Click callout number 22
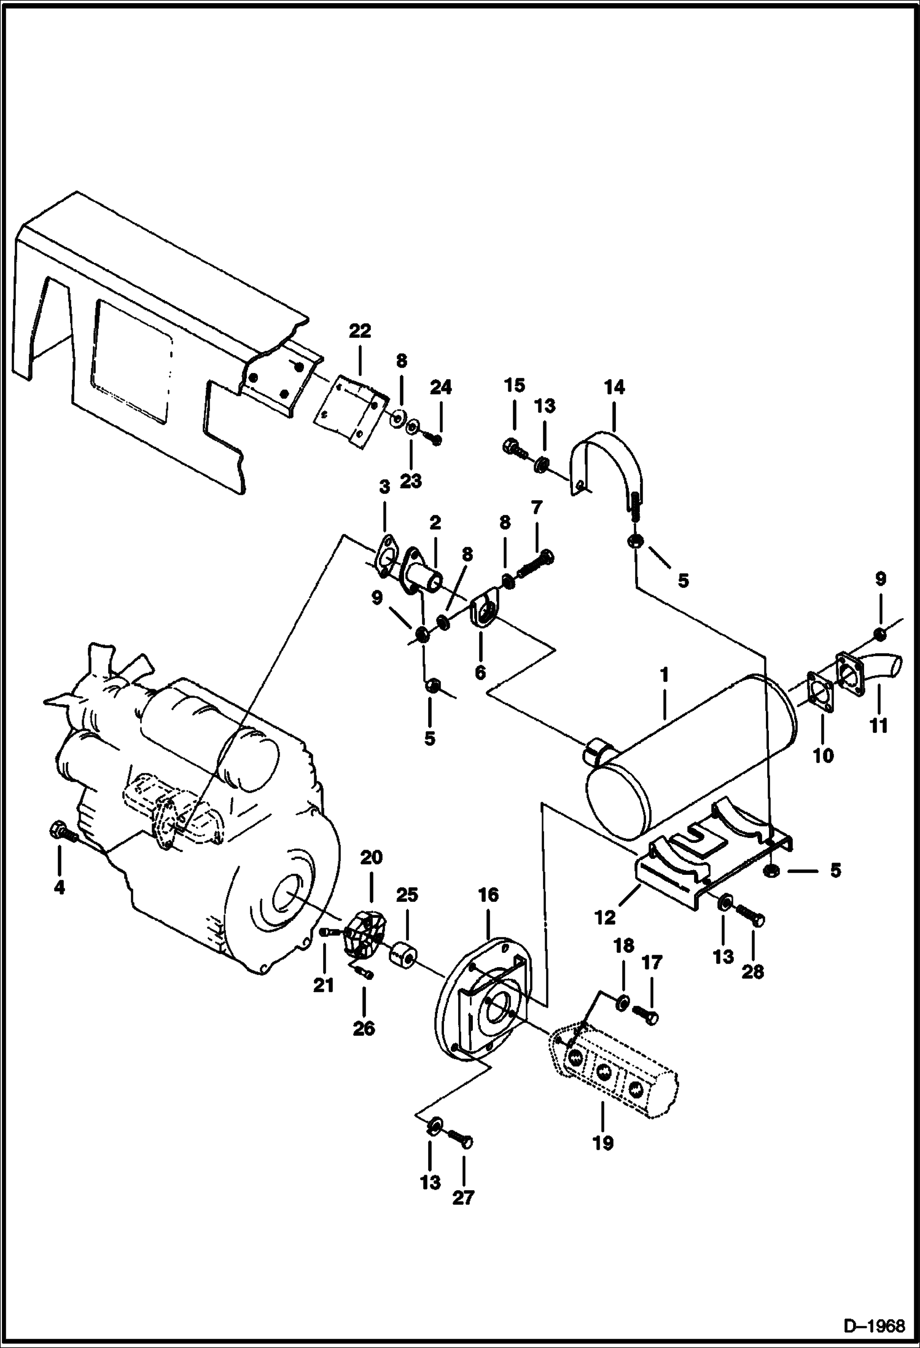point(360,331)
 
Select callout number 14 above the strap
point(614,387)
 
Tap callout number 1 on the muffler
point(664,675)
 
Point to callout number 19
point(603,1143)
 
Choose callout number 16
point(488,895)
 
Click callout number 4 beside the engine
point(60,887)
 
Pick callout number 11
point(879,726)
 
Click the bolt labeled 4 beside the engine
point(61,833)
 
